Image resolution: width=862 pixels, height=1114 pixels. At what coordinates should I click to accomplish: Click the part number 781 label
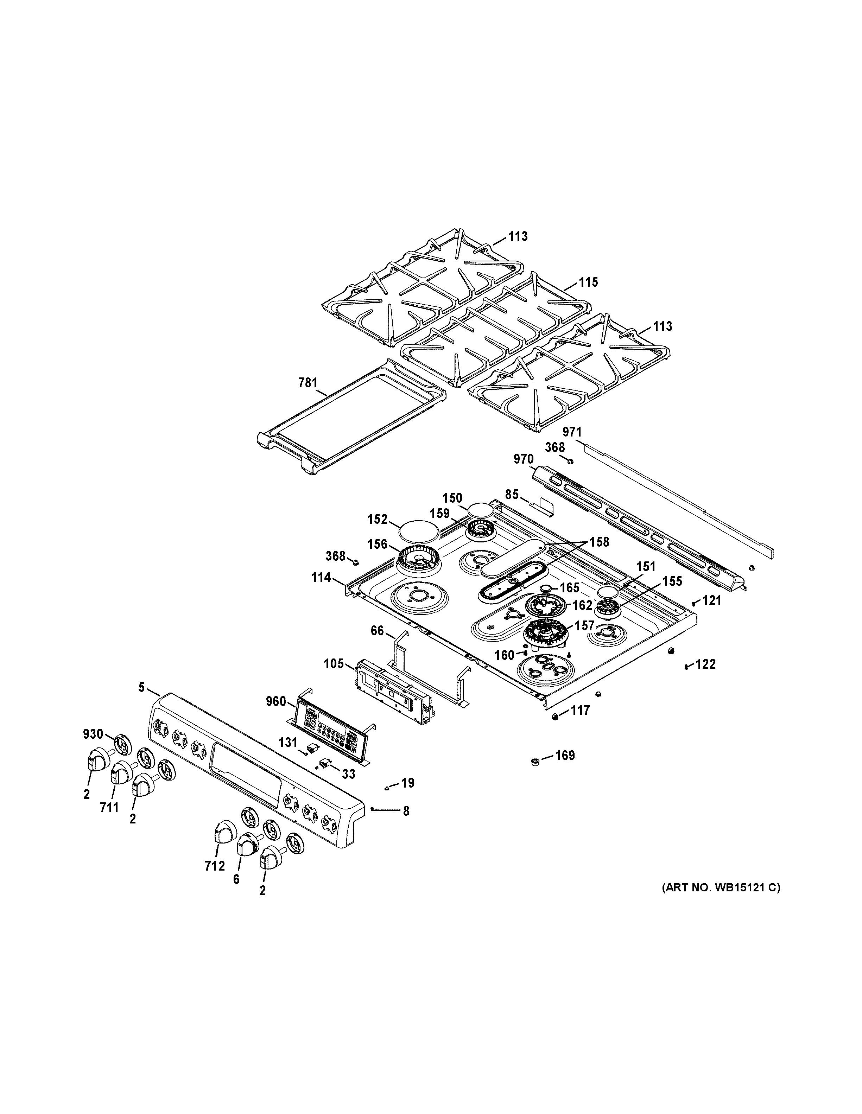click(308, 383)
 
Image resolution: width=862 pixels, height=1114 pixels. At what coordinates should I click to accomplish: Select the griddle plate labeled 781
click(352, 418)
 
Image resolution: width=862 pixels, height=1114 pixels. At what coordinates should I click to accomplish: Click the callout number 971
click(571, 432)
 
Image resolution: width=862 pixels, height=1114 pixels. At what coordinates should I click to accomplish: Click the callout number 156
click(378, 544)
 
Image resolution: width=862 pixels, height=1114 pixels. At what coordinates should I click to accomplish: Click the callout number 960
click(276, 701)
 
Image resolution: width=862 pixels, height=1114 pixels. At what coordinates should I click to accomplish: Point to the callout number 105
click(334, 664)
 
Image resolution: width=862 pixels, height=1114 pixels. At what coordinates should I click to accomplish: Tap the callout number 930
click(93, 734)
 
